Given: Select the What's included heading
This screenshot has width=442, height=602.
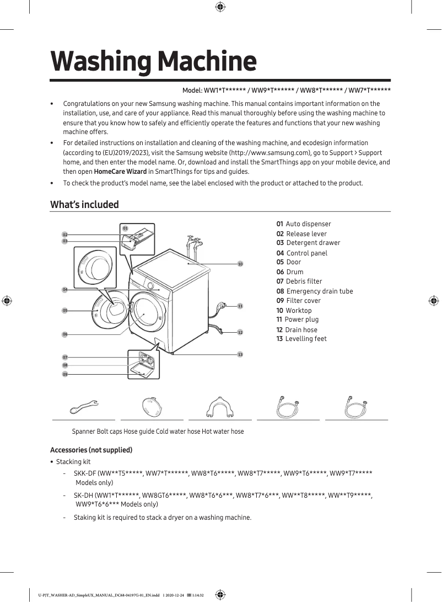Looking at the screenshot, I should pyautogui.click(x=84, y=205).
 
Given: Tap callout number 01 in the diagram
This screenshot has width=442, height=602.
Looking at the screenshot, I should pyautogui.click(x=125, y=228).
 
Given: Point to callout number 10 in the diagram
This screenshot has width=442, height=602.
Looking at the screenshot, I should pyautogui.click(x=240, y=264).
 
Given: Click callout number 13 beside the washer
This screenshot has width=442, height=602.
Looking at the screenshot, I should pyautogui.click(x=240, y=354).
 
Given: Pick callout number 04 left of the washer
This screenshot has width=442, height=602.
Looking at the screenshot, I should pyautogui.click(x=65, y=290).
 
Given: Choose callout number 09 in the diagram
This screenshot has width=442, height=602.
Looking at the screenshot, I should pyautogui.click(x=65, y=374).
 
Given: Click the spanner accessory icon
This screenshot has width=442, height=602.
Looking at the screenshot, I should pyautogui.click(x=84, y=408).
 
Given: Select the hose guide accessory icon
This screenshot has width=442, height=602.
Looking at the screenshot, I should pyautogui.click(x=219, y=407).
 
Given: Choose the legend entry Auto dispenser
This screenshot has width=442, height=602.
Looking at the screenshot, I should pyautogui.click(x=304, y=224).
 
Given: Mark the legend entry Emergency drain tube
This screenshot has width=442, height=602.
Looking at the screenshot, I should pyautogui.click(x=315, y=291).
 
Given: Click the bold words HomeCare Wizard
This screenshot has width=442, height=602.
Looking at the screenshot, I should pyautogui.click(x=120, y=171).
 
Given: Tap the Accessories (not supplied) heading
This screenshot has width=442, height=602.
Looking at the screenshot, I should pyautogui.click(x=91, y=450).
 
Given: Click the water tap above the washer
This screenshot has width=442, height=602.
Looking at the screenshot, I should pyautogui.click(x=192, y=241).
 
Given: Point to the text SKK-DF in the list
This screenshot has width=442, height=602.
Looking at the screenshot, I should pyautogui.click(x=84, y=473).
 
